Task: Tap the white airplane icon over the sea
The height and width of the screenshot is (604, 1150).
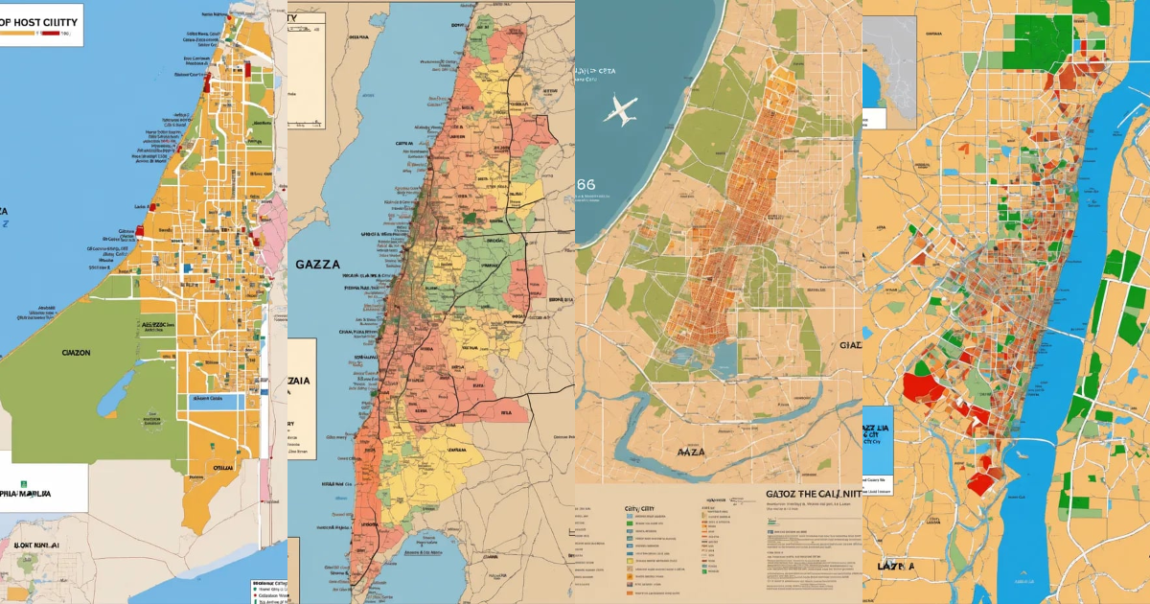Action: (x=619, y=109)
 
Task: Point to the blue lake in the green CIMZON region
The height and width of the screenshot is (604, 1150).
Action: (x=115, y=388)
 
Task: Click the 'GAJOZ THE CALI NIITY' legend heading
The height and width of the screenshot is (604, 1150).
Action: (x=813, y=495)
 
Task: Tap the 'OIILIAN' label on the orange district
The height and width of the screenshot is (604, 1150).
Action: (x=221, y=467)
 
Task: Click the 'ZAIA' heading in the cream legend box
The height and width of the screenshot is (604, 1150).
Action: (x=299, y=380)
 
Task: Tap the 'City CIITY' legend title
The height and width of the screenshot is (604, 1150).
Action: (x=643, y=509)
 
